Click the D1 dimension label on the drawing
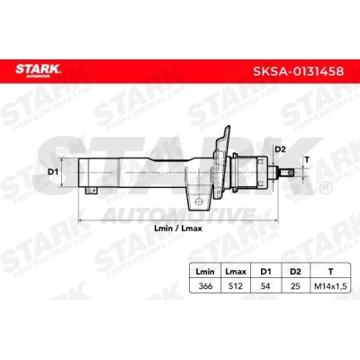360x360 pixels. point(52,170)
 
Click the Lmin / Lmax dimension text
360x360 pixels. point(176,229)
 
